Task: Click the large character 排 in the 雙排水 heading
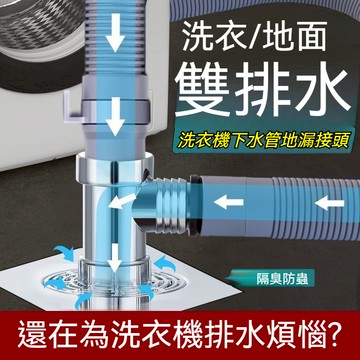[x=265, y=93]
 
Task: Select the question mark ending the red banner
[x=341, y=326]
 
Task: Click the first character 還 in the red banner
[x=33, y=326]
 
